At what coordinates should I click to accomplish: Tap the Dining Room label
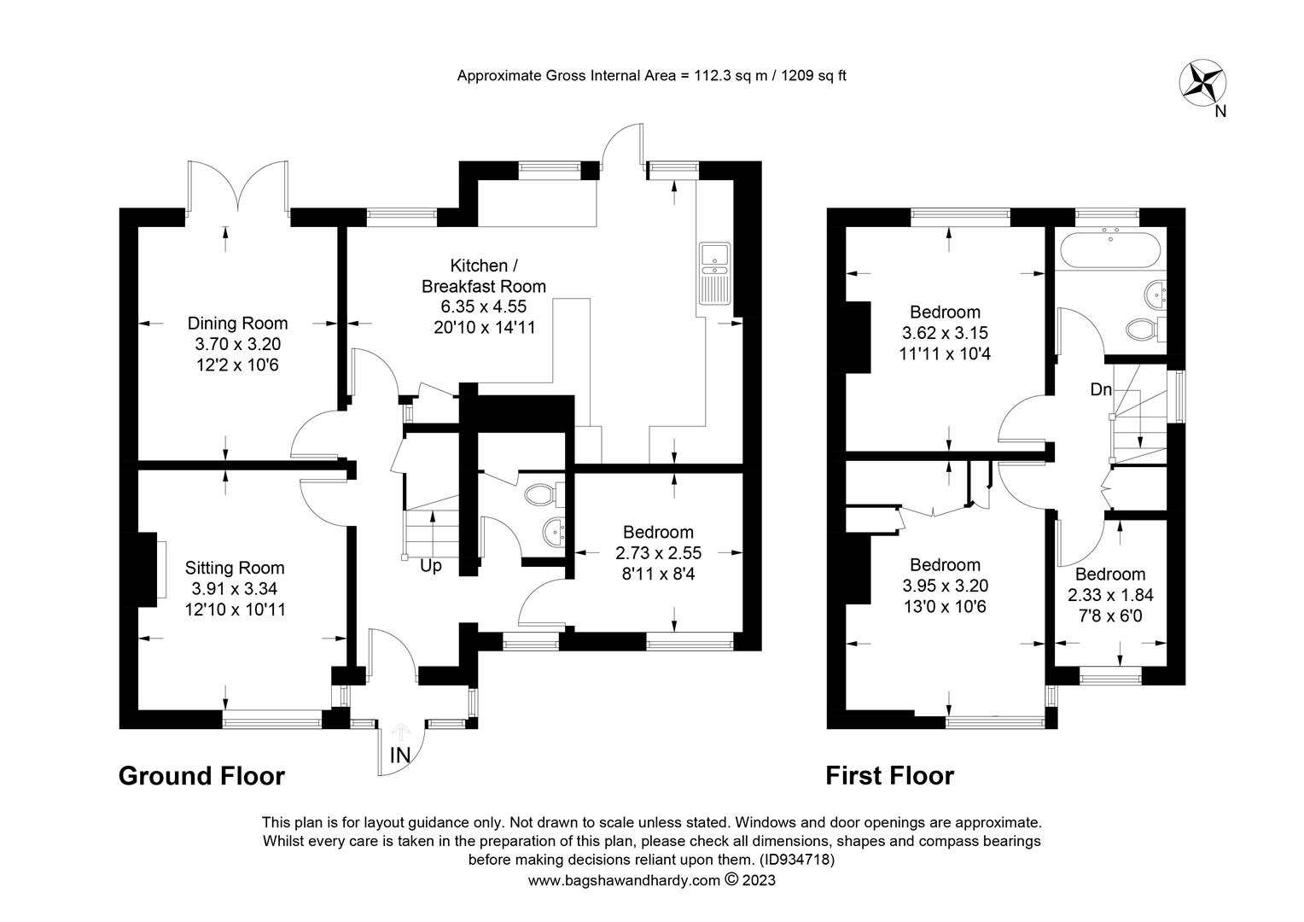[237, 324]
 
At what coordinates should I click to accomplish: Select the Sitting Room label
[235, 568]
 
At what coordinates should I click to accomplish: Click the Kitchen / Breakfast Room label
[484, 276]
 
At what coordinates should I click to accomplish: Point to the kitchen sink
[715, 273]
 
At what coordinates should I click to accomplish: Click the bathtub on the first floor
[1110, 250]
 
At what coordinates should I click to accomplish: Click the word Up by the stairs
[431, 566]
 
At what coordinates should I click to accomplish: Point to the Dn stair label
[1101, 389]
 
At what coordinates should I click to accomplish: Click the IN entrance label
[400, 756]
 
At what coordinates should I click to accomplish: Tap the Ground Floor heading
[202, 776]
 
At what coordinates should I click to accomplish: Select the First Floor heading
[890, 776]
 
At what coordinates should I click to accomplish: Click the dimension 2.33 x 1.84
[1111, 595]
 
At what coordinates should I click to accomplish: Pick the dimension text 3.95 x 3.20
[946, 586]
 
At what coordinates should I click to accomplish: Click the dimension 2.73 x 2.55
[659, 552]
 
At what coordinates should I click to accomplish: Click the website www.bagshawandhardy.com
[624, 881]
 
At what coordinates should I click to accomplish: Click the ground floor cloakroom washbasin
[554, 532]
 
